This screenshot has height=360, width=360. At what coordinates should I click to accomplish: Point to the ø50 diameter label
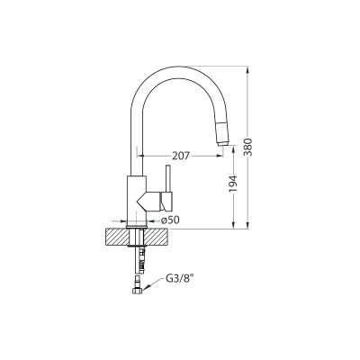170,220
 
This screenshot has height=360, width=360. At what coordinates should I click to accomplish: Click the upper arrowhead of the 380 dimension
248,68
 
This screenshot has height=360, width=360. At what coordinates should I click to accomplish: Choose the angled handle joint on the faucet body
146,198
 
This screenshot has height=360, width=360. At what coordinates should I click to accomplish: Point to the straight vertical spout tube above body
133,144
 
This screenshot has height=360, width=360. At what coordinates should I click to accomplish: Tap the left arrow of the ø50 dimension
121,220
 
